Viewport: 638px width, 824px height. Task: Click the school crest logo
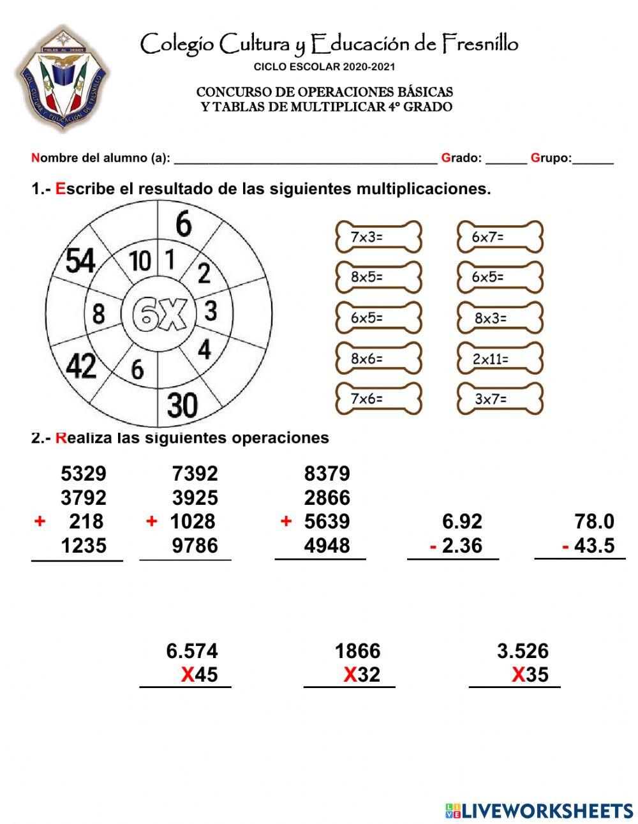pyautogui.click(x=62, y=79)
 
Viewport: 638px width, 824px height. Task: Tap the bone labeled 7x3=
pyautogui.click(x=378, y=237)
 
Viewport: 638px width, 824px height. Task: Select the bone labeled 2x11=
pyautogui.click(x=500, y=359)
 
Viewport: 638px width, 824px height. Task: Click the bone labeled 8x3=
pyautogui.click(x=500, y=318)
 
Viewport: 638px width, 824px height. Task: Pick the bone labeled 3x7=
pyautogui.click(x=500, y=400)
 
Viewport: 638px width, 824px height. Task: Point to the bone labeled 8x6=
pyautogui.click(x=378, y=359)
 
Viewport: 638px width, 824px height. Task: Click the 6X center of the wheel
pyautogui.click(x=159, y=315)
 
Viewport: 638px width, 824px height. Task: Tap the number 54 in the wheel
pyautogui.click(x=80, y=261)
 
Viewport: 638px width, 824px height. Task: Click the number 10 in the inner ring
pyautogui.click(x=140, y=261)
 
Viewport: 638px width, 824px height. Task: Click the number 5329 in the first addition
pyautogui.click(x=83, y=474)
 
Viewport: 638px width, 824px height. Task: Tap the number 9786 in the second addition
pyautogui.click(x=194, y=546)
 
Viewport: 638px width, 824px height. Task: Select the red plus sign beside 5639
pyautogui.click(x=286, y=521)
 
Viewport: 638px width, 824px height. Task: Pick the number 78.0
pyautogui.click(x=594, y=521)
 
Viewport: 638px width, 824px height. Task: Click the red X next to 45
pyautogui.click(x=187, y=675)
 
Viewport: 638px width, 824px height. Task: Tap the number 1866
pyautogui.click(x=357, y=651)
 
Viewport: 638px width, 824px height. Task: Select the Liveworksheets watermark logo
pyautogui.click(x=539, y=811)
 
